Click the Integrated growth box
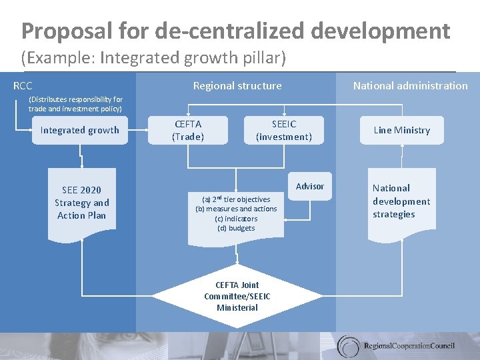click(x=80, y=131)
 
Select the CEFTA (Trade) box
click(x=188, y=131)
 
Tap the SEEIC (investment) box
click(x=284, y=131)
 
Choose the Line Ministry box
click(x=402, y=131)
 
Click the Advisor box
click(x=310, y=187)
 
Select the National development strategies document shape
click(x=401, y=201)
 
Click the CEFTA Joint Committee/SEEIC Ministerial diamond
click(x=237, y=296)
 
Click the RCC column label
click(x=23, y=86)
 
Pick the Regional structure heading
click(x=237, y=86)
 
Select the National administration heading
click(x=410, y=86)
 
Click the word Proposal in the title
click(x=60, y=31)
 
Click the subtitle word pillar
click(x=265, y=58)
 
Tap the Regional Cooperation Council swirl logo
click(x=349, y=346)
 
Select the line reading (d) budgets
click(x=236, y=228)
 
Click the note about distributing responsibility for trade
click(x=75, y=104)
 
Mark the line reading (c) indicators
click(x=236, y=219)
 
